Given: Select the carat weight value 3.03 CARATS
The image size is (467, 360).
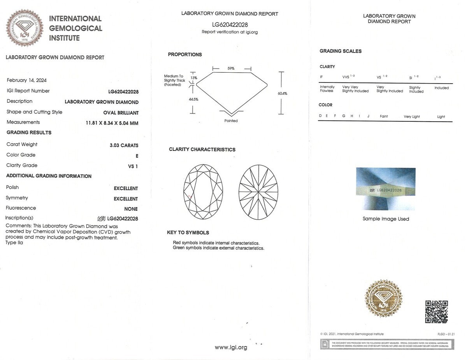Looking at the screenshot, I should [124, 145].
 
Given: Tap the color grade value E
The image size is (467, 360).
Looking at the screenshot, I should [137, 156].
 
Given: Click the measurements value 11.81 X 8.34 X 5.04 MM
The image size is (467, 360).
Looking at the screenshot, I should [112, 123].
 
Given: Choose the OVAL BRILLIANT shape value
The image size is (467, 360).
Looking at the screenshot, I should [121, 113].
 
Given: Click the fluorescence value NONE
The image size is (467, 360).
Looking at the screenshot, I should [131, 209].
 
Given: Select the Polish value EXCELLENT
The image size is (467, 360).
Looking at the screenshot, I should [126, 189].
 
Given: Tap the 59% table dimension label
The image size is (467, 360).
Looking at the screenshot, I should [231, 68].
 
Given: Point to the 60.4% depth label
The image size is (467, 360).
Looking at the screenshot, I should [283, 93].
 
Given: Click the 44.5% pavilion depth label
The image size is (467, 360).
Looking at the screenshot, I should [193, 100].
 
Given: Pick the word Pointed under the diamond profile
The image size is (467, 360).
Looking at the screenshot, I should [231, 121].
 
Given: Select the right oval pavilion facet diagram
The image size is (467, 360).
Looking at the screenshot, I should [258, 192].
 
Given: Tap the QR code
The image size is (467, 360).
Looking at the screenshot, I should [436, 311].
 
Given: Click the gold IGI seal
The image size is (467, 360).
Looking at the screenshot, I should [383, 298].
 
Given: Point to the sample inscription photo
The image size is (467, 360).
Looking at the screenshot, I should [386, 189].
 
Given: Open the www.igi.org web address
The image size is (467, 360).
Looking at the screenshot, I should [231, 348].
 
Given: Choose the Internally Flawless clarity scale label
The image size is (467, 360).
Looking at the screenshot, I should [327, 89].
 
